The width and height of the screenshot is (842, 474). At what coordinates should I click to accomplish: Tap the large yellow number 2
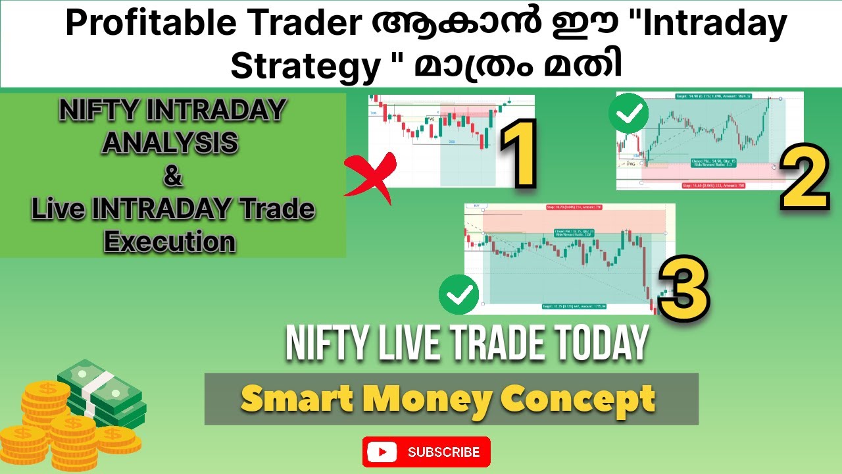point(804,177)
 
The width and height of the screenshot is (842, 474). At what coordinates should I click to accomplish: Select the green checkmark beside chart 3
point(459,296)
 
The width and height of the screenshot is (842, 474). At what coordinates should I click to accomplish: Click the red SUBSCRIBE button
point(426,452)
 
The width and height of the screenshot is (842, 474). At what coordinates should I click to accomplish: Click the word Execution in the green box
point(170,242)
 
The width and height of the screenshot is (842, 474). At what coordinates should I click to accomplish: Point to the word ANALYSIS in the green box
point(170,143)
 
